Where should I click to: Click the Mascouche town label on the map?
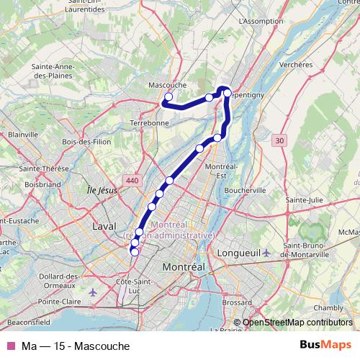tap(167, 84)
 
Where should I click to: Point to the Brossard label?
tap(237, 303)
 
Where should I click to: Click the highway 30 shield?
tap(279, 140)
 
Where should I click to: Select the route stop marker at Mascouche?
tap(169, 96)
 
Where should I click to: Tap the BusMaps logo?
tap(326, 346)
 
